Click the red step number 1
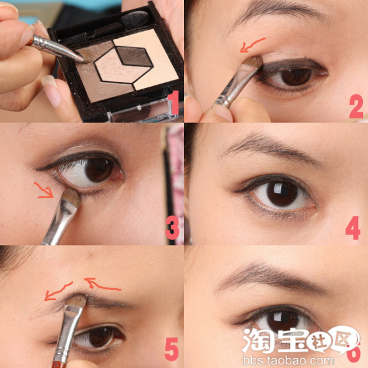(173, 102)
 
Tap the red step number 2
(356, 106)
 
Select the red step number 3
(172, 228)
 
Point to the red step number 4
(353, 228)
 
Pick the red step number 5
(172, 349)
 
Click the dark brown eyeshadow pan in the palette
(133, 56)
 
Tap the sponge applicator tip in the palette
(135, 19)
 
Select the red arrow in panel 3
(44, 190)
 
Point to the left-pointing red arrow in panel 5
(57, 292)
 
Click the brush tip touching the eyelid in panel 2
(253, 61)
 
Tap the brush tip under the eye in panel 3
(72, 196)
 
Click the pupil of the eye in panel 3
(99, 170)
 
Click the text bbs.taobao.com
(288, 361)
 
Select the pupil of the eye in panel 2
(297, 77)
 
